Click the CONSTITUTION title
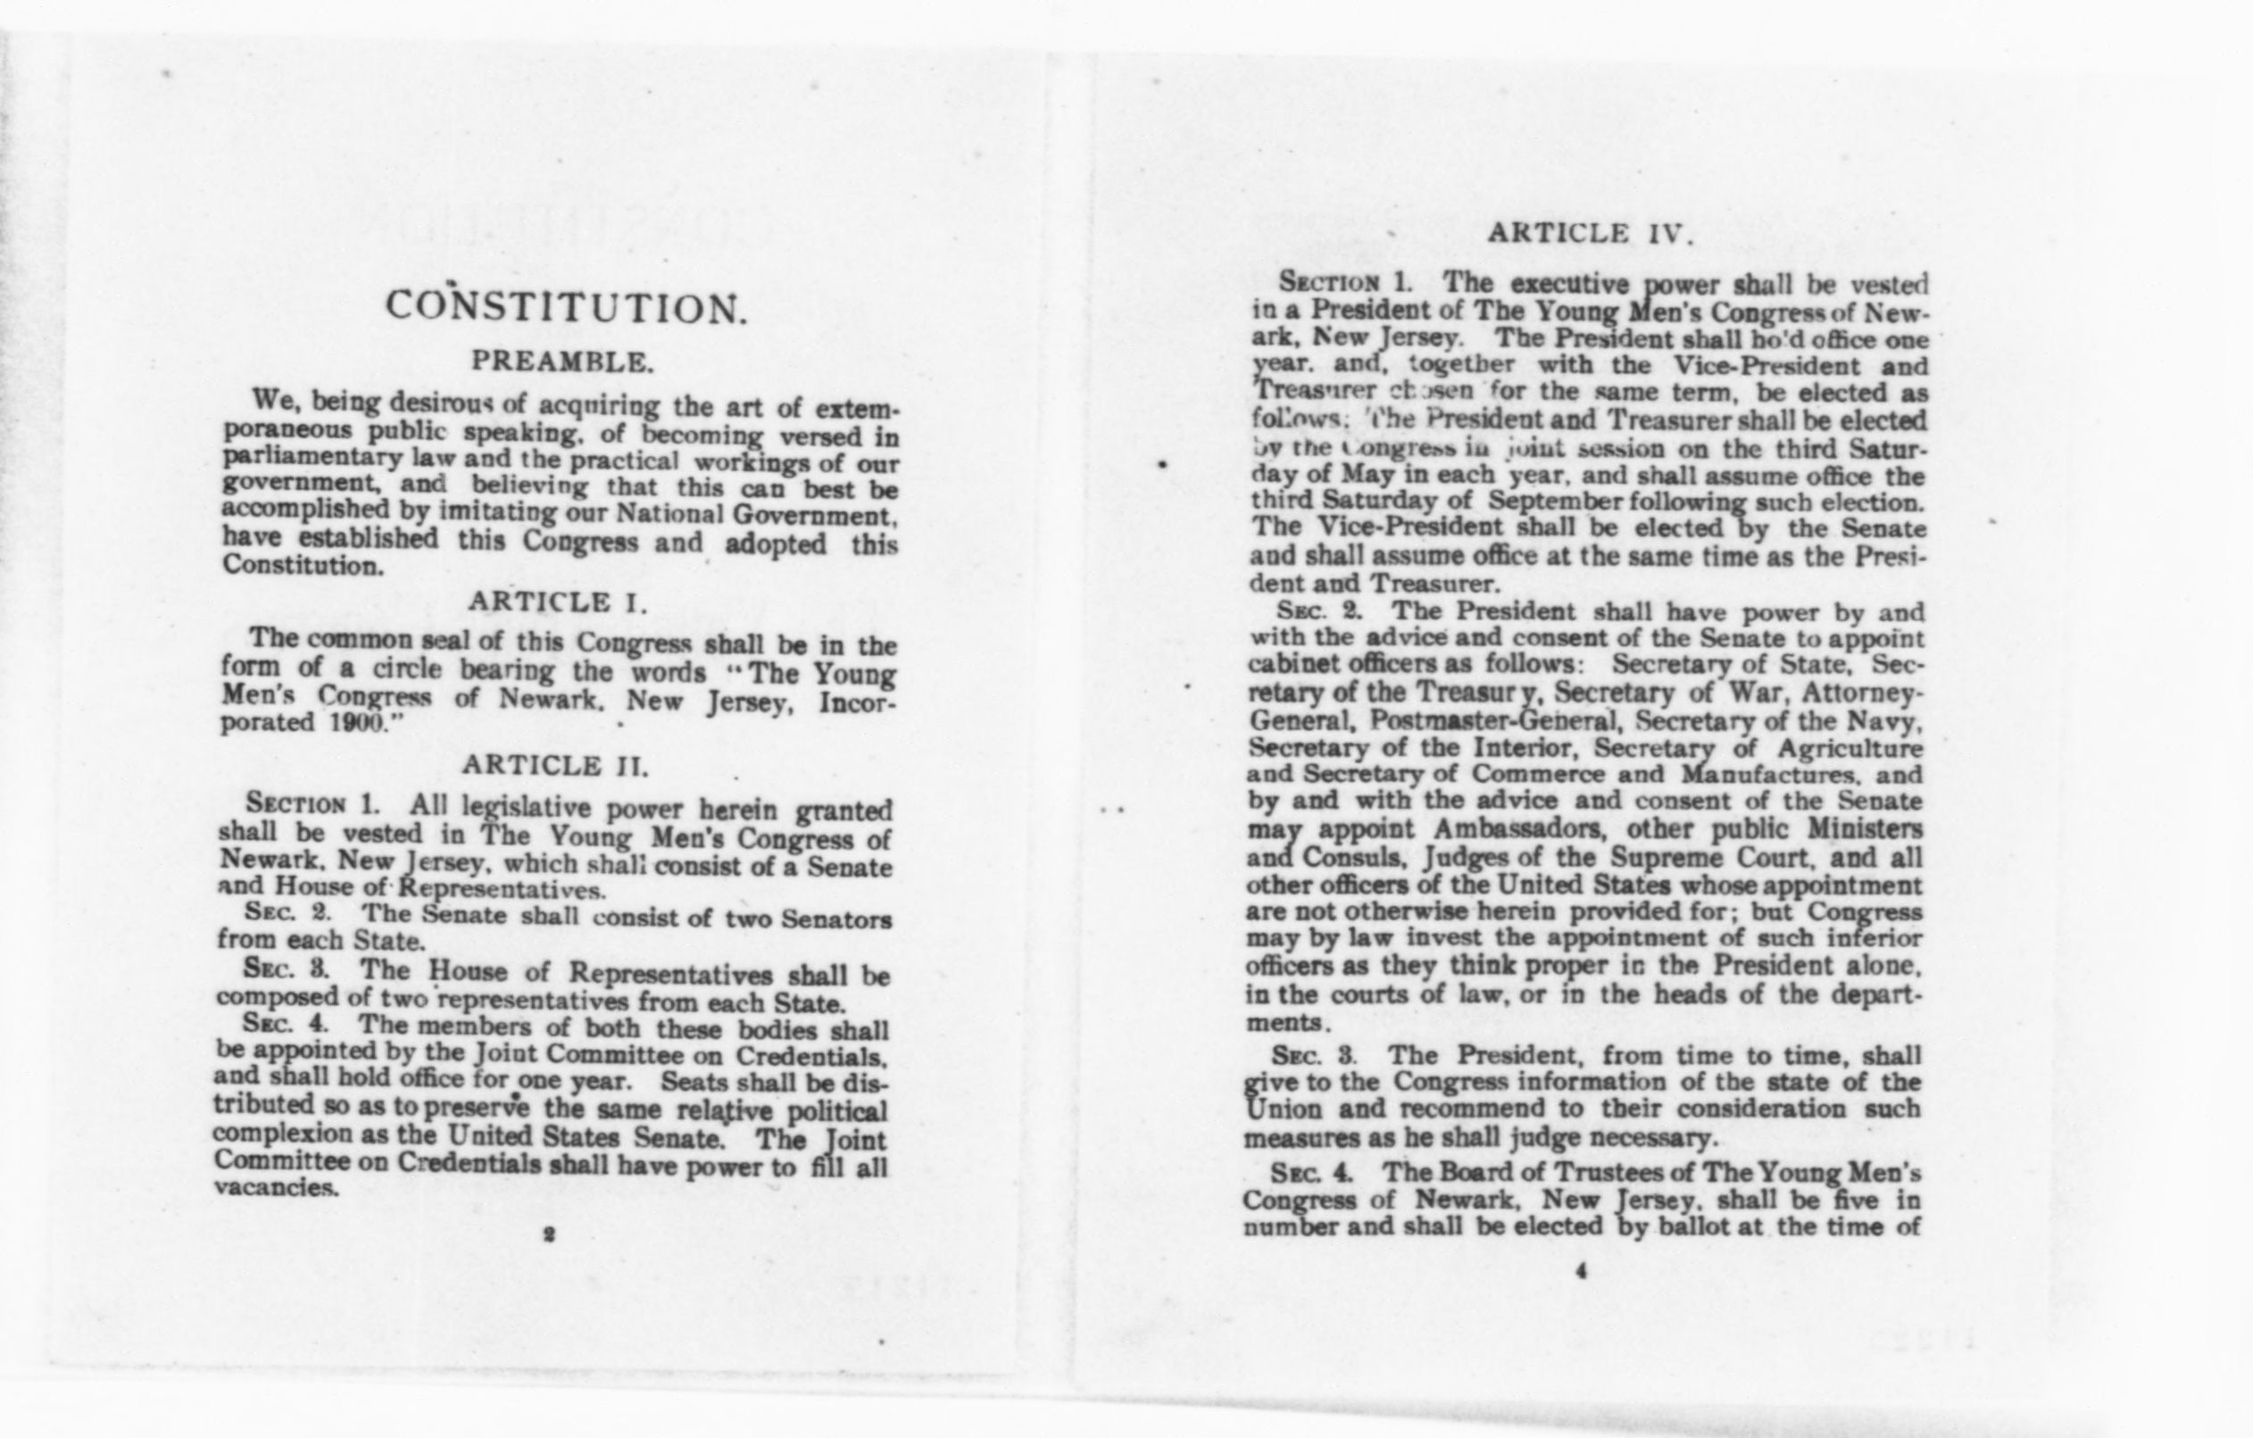(x=567, y=308)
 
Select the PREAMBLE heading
(x=562, y=362)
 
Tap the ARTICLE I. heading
(x=558, y=603)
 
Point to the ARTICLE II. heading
(x=555, y=765)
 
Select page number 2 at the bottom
(x=549, y=1235)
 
